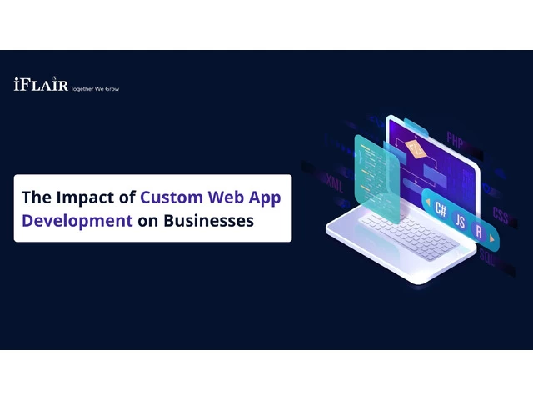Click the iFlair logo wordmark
41,83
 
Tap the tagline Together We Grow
95,89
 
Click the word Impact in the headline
86,197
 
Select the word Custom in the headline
172,197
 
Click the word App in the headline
265,198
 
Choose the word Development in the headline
77,221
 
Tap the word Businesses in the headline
209,220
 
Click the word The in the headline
37,197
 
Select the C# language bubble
441,209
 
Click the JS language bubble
460,221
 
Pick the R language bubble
479,232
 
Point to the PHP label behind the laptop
455,139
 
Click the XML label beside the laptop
335,183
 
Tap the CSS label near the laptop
501,215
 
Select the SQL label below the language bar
486,257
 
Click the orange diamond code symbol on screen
416,149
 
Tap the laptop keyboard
409,236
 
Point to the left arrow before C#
427,202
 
